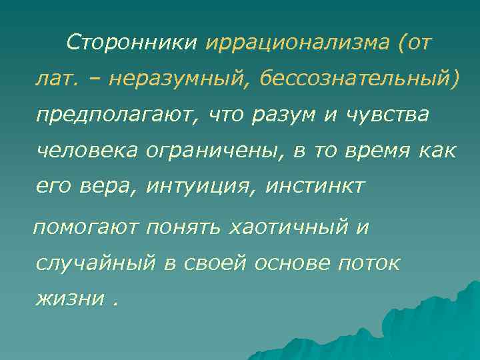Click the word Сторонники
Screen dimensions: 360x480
point(132,44)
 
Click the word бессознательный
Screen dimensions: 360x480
point(358,81)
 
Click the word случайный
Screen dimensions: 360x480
point(95,263)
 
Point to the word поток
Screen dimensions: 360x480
point(369,263)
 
